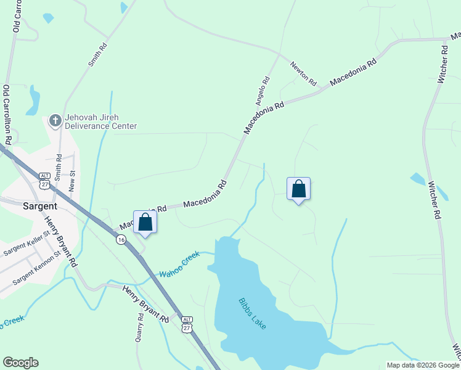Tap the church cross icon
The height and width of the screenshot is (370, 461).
click(55, 120)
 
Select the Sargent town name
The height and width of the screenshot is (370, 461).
click(40, 206)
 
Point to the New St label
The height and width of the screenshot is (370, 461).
click(72, 182)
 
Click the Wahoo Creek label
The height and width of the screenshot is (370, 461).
click(180, 265)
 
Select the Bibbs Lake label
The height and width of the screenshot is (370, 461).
click(252, 313)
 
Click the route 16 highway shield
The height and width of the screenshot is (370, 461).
click(121, 239)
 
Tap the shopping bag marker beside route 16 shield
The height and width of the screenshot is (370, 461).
click(145, 222)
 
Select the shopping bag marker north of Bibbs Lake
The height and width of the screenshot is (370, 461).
click(298, 188)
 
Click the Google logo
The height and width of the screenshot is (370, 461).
click(20, 363)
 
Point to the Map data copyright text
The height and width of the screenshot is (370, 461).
click(423, 365)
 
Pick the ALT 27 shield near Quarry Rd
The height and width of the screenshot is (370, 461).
click(187, 324)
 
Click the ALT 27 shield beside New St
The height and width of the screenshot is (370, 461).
click(44, 180)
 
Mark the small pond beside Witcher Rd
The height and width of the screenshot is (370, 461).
click(418, 179)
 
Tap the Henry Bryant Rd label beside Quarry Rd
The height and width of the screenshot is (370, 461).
click(145, 304)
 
